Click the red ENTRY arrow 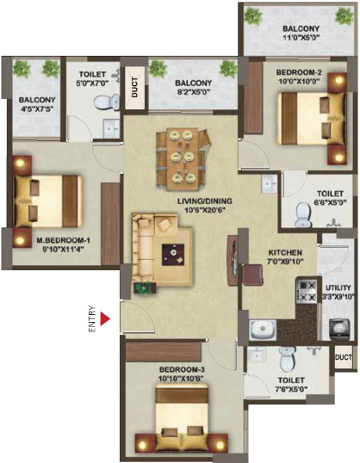click(105, 319)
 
